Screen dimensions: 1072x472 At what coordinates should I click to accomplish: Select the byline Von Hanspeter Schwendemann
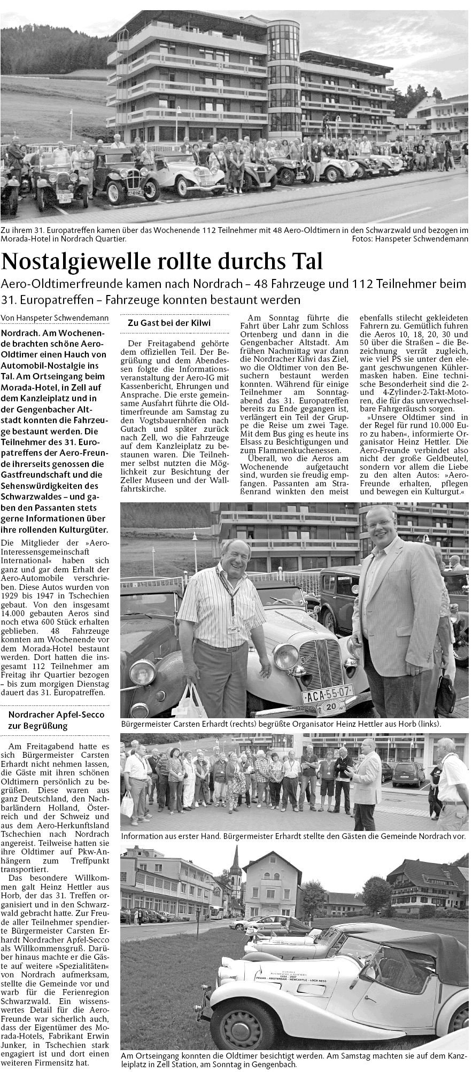point(55,318)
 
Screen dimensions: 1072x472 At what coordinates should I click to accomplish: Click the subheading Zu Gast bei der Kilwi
point(168,323)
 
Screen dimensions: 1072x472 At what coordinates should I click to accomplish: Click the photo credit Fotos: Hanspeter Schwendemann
point(410,239)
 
